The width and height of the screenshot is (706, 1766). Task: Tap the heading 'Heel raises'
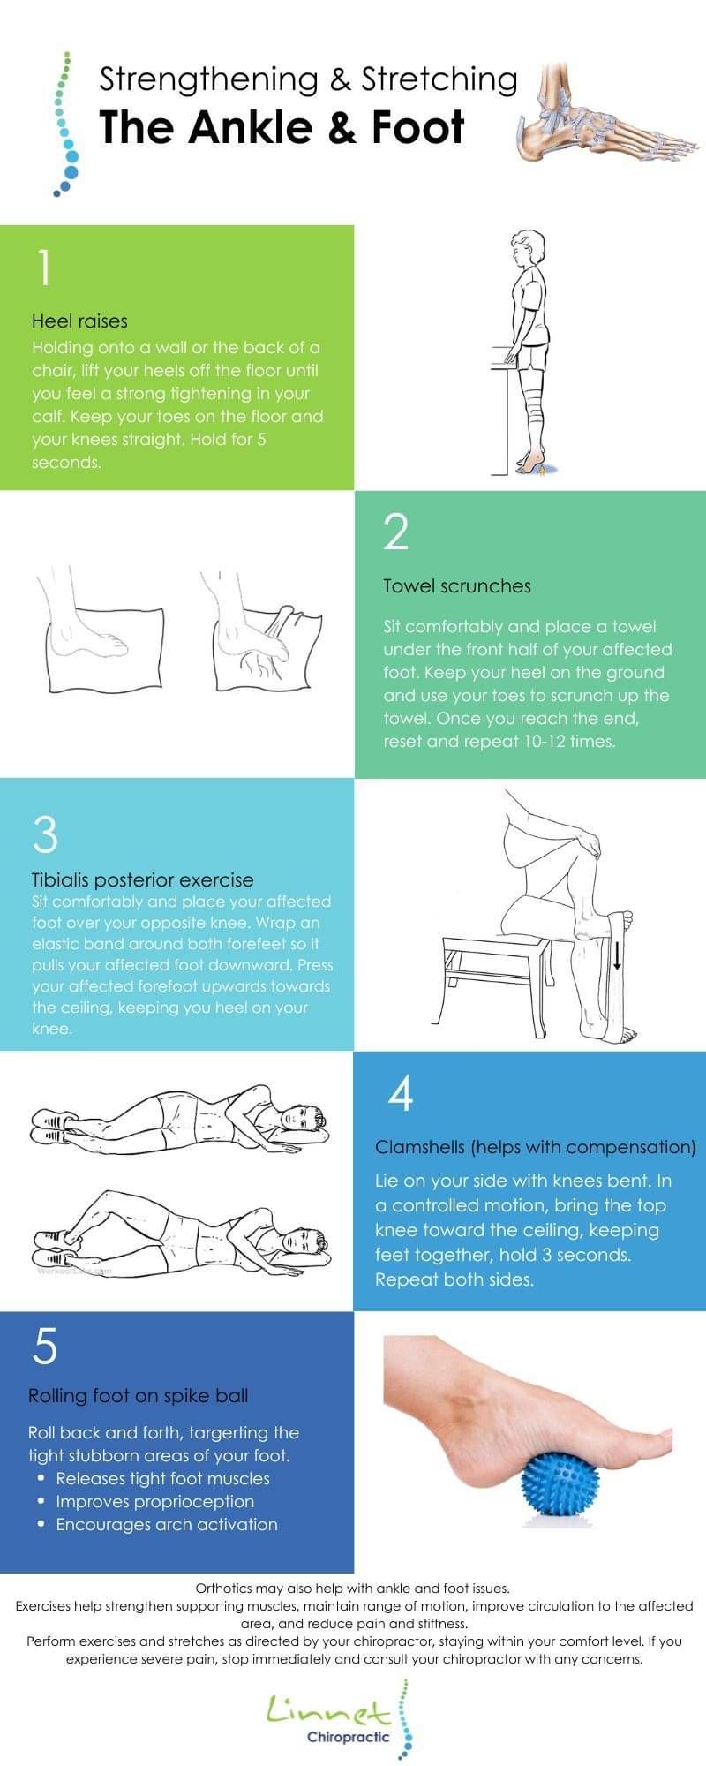(x=79, y=321)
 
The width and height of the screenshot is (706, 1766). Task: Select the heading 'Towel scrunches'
(x=457, y=586)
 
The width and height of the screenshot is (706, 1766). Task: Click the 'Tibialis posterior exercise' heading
(x=143, y=880)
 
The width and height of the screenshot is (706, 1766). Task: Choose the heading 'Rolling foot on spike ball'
(x=139, y=1396)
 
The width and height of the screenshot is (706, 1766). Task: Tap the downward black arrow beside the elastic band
(x=617, y=955)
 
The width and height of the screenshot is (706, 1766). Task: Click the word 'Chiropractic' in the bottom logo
(x=348, y=1738)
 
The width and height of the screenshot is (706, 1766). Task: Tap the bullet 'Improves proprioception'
(x=155, y=1502)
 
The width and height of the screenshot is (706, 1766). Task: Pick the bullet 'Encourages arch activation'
(x=167, y=1525)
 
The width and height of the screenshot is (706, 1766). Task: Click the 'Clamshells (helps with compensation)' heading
(x=536, y=1148)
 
